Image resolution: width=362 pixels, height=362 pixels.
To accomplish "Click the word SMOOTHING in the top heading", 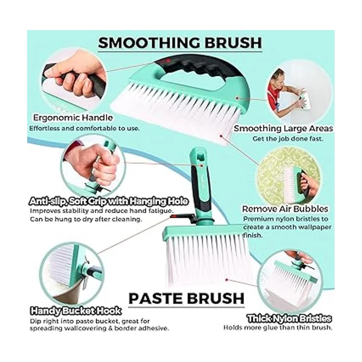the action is coord(149,43).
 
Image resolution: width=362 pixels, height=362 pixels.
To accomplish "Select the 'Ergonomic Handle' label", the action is coord(73,118).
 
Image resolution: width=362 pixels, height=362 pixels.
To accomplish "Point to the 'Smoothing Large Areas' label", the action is coord(283,129).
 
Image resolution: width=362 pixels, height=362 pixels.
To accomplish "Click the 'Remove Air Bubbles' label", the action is coord(285,209).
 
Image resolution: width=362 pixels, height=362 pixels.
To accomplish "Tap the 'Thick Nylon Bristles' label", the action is coord(289,319).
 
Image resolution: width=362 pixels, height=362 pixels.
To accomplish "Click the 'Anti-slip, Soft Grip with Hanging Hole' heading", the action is coord(109,202).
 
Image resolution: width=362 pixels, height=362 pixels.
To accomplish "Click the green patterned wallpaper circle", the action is coord(287,174).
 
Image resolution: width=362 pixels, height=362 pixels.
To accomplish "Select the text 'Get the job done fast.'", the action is coord(287,139).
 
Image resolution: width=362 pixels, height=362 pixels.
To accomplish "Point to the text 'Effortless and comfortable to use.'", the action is coord(84,129).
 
